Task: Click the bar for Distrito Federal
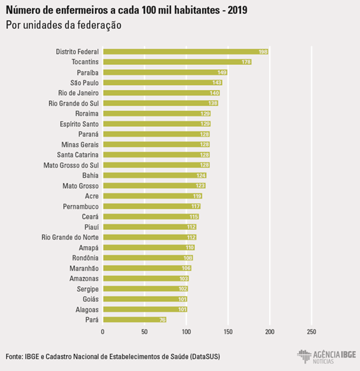click(185, 51)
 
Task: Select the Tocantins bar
click(177, 62)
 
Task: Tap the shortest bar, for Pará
click(134, 320)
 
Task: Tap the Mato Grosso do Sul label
click(71, 165)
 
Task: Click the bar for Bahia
click(154, 176)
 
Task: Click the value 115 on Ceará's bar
click(194, 217)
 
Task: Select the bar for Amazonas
click(145, 279)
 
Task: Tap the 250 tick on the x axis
click(311, 332)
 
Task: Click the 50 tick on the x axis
click(144, 332)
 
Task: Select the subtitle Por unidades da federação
click(64, 25)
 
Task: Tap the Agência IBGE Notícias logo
click(326, 356)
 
